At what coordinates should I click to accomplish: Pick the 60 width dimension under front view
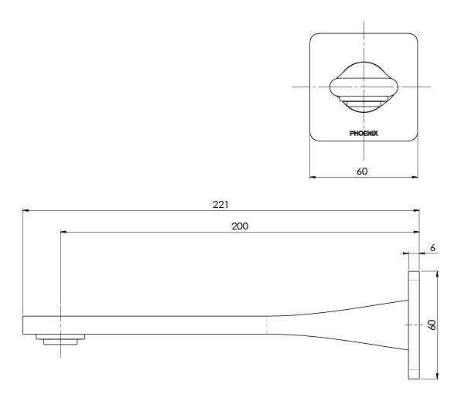point(363,170)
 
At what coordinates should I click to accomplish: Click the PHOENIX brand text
point(364,132)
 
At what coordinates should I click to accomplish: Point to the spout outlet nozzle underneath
point(60,340)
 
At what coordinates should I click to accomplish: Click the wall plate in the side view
point(413,325)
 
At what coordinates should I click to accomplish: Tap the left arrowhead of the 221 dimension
point(26,210)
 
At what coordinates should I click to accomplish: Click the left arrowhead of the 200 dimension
point(63,230)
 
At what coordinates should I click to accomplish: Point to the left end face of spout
point(23,325)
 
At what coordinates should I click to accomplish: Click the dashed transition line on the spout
point(268,325)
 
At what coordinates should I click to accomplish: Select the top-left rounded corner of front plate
point(314,36)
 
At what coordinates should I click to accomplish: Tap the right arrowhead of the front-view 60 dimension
point(415,177)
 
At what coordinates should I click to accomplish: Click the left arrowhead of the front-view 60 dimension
point(312,177)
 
